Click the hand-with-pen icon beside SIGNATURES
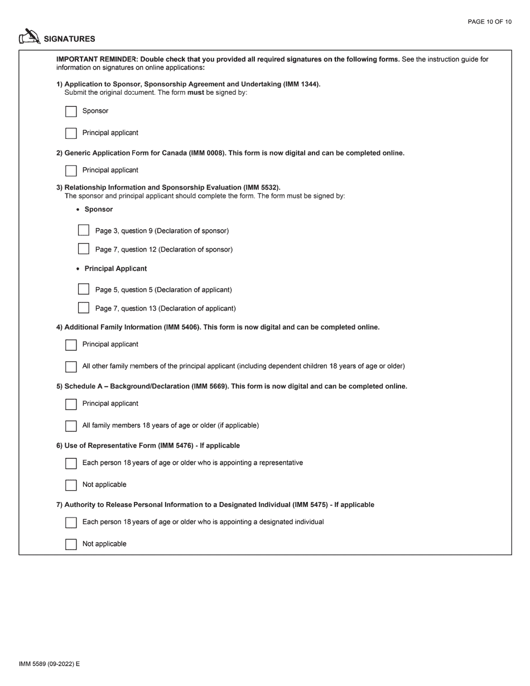(30, 37)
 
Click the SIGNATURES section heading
(69, 39)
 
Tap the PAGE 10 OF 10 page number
(489, 22)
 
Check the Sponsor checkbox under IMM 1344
(71, 112)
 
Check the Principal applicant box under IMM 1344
(71, 133)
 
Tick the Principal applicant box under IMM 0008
(71, 171)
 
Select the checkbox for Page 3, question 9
(84, 230)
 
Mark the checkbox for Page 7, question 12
(84, 249)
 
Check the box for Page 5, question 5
(84, 289)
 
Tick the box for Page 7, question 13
(84, 308)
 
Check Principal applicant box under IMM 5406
(71, 345)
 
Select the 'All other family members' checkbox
(71, 367)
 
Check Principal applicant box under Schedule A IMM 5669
(71, 404)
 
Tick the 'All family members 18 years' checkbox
(71, 426)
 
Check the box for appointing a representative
(71, 463)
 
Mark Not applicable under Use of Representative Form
(71, 485)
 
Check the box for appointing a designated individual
(71, 523)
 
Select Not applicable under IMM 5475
(71, 544)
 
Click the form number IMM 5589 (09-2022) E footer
(49, 664)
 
